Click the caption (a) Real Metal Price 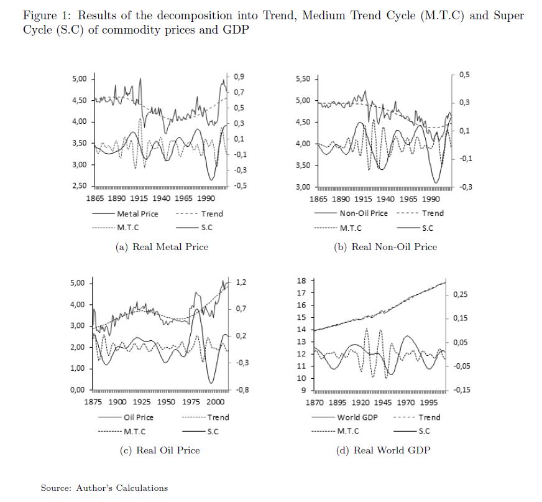pos(162,247)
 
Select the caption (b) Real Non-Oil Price pos(385,247)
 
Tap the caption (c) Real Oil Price pos(160,450)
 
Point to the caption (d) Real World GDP pos(383,450)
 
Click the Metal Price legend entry pos(137,213)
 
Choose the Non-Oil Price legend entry pos(363,213)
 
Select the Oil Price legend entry pos(139,417)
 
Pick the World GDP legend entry pos(357,417)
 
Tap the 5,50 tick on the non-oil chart pos(302,79)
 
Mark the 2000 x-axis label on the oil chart pos(216,402)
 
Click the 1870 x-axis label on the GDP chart pos(318,402)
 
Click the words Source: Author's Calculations pos(104,488)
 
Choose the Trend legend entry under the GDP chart pos(429,417)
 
